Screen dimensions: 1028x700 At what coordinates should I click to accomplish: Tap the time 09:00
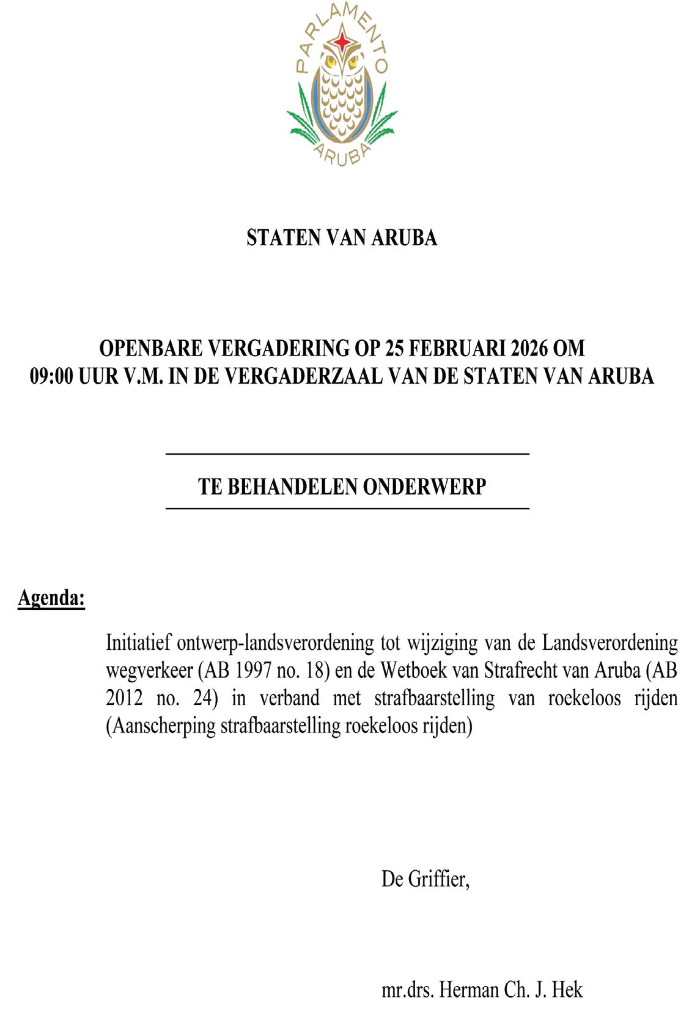click(52, 376)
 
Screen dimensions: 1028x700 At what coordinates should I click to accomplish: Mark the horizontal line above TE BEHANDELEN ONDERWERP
click(347, 454)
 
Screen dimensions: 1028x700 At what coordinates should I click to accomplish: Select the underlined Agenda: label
click(51, 598)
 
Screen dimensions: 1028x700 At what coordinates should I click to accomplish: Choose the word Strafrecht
click(521, 671)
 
